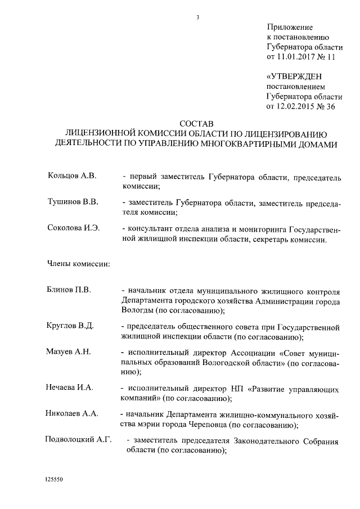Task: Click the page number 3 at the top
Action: click(198, 17)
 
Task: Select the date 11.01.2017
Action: click(296, 57)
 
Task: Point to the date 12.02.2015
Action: click(296, 106)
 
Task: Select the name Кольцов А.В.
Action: click(73, 176)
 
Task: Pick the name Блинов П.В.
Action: click(70, 290)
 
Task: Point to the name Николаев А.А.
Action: click(72, 413)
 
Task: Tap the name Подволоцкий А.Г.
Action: click(79, 440)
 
